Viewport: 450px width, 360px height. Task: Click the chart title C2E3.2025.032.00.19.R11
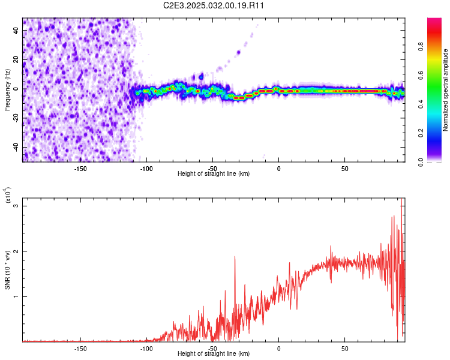pyautogui.click(x=214, y=5)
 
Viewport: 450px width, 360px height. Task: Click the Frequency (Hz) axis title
pyautogui.click(x=7, y=89)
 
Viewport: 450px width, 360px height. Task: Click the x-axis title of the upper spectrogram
pyautogui.click(x=214, y=173)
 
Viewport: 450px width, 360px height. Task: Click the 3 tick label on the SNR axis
pyautogui.click(x=17, y=206)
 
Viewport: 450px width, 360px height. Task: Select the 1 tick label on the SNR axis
pyautogui.click(x=17, y=296)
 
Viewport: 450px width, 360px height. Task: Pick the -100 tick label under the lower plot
pyautogui.click(x=146, y=348)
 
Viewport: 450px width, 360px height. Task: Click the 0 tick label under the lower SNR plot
pyautogui.click(x=278, y=348)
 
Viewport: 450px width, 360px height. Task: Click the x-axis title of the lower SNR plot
pyautogui.click(x=214, y=354)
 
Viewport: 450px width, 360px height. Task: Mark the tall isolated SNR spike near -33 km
pyautogui.click(x=235, y=257)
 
